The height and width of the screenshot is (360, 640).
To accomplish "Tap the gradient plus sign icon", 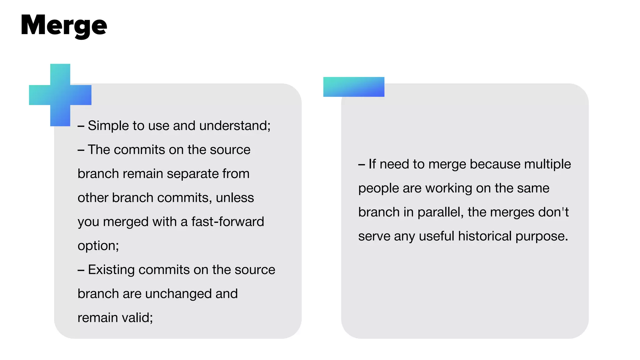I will [x=60, y=95].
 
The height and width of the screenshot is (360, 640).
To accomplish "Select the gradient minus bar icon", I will [x=354, y=87].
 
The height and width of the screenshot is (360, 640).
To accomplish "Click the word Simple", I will [x=108, y=126].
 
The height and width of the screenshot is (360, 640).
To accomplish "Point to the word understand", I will [x=234, y=126].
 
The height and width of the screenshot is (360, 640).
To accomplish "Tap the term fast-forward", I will [x=227, y=222].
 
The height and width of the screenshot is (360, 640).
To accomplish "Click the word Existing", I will [x=111, y=270].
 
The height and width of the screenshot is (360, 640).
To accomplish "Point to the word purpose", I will [x=541, y=237].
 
